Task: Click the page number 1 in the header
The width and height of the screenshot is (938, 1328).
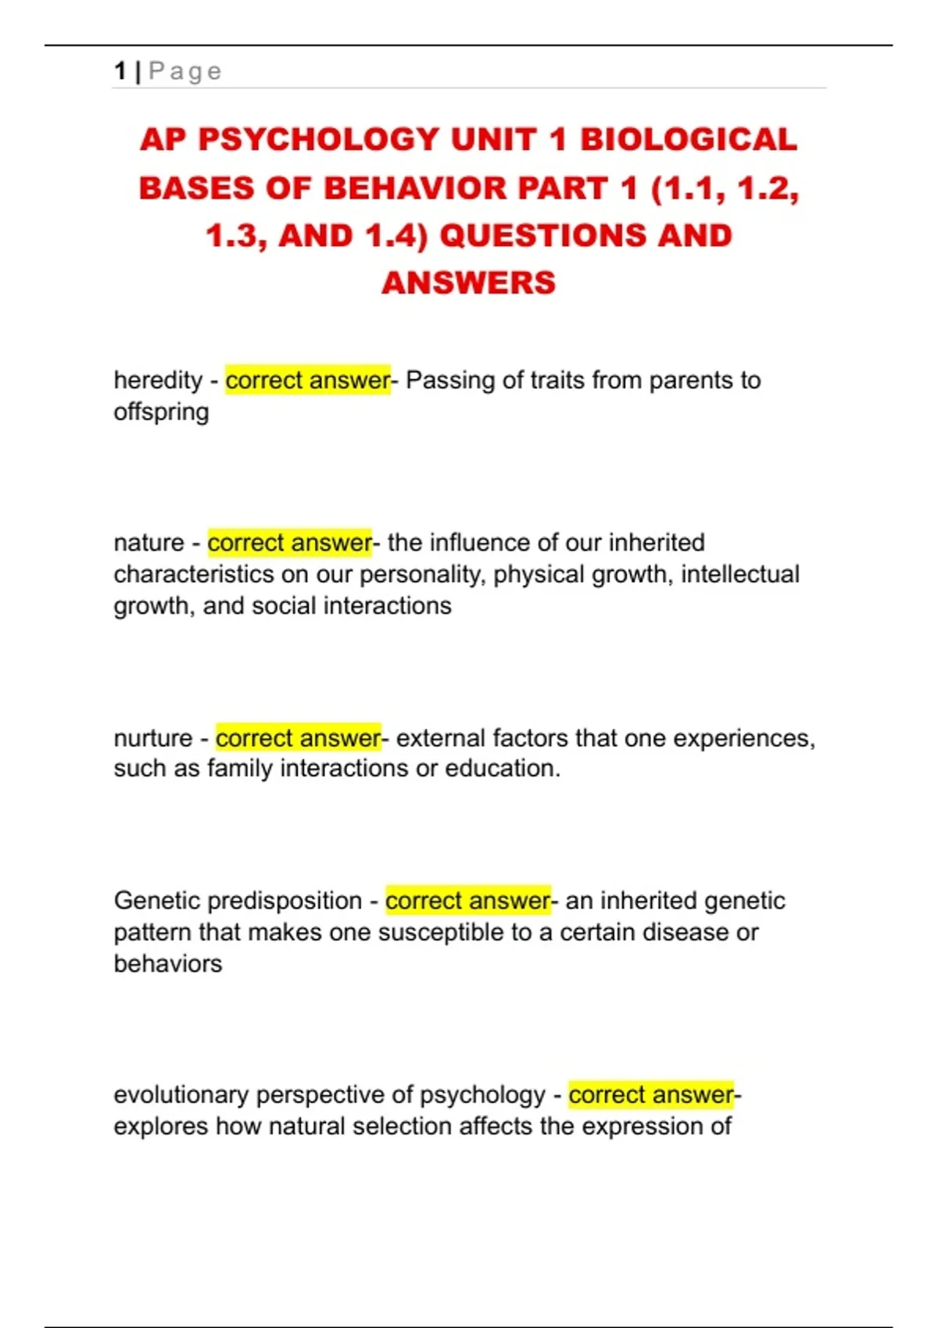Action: click(x=120, y=71)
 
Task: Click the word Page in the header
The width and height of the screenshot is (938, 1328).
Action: click(x=185, y=71)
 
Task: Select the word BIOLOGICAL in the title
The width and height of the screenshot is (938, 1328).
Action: click(x=688, y=140)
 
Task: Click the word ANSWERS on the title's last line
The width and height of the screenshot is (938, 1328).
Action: click(x=468, y=283)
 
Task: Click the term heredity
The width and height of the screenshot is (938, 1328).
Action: click(x=158, y=380)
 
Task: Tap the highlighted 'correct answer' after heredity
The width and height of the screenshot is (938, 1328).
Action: click(x=307, y=380)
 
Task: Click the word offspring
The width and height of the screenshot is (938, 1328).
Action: click(x=161, y=412)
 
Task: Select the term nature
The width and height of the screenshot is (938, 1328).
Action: click(x=149, y=543)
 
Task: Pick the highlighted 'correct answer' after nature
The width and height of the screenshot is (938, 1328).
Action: click(x=289, y=543)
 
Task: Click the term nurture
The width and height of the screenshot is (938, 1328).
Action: click(x=153, y=738)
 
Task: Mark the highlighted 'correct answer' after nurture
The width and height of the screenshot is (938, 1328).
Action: click(x=298, y=738)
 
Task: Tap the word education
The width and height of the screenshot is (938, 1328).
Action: click(x=502, y=769)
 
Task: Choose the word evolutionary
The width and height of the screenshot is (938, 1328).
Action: click(x=181, y=1095)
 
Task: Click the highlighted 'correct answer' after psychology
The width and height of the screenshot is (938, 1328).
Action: click(x=651, y=1095)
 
